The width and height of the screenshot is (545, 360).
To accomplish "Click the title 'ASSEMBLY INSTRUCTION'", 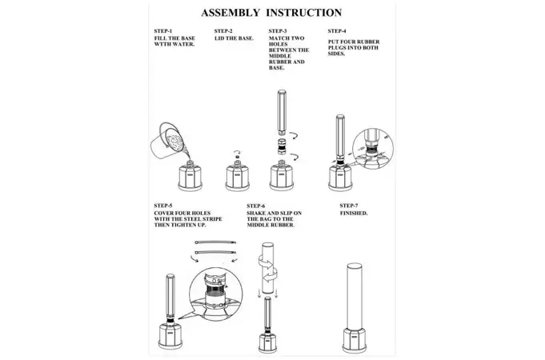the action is click(x=271, y=13).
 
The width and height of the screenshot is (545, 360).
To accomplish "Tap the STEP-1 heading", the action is click(x=163, y=31).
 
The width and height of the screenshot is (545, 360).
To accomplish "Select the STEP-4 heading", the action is click(x=337, y=31).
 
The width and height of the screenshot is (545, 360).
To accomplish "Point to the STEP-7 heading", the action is click(x=349, y=206).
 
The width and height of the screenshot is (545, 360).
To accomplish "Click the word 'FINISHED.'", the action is click(x=354, y=214).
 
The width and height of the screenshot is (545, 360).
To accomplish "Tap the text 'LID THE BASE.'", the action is click(x=234, y=38).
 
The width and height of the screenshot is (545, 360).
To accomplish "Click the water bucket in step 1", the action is click(x=166, y=140).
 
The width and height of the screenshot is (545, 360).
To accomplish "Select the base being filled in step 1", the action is click(x=190, y=176).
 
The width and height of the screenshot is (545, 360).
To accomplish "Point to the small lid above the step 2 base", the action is click(x=237, y=157).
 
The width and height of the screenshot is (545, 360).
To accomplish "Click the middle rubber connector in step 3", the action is click(x=282, y=146).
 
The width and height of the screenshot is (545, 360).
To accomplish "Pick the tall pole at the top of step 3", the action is click(x=282, y=113).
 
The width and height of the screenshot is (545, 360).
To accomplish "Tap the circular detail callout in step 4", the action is click(x=373, y=148).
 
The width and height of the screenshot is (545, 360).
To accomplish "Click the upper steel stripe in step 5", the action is click(x=215, y=242).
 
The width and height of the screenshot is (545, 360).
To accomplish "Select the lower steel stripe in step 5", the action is click(x=215, y=252).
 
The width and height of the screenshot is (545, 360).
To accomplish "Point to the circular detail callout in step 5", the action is click(x=216, y=294).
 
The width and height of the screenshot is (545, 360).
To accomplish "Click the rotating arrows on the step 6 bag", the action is click(x=267, y=268).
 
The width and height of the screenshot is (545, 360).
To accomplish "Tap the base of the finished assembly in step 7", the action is click(x=355, y=339).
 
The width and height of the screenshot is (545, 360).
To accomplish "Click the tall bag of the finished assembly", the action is click(x=355, y=296).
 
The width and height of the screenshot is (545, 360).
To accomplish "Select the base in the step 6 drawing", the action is click(x=267, y=343).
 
